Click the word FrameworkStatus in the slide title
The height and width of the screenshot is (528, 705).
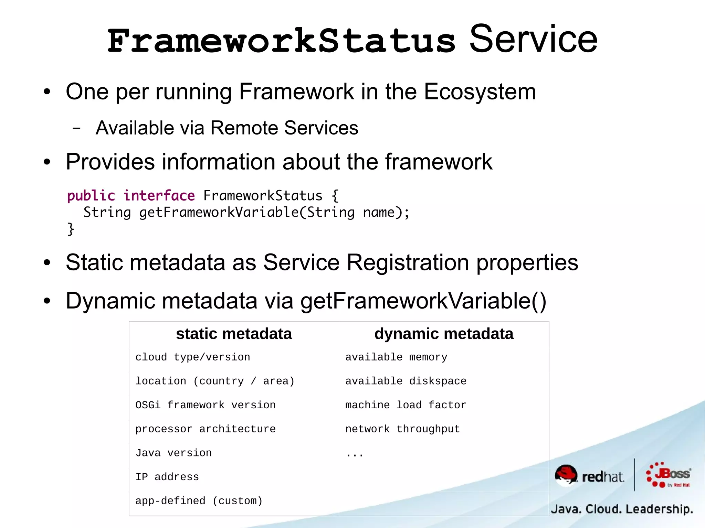281,41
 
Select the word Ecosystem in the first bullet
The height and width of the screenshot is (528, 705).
480,92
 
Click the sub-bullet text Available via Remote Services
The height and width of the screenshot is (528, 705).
227,128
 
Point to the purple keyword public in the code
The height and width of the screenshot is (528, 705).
91,196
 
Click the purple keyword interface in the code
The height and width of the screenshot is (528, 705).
159,196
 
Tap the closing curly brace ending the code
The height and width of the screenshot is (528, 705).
71,229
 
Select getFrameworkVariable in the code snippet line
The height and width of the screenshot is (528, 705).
219,212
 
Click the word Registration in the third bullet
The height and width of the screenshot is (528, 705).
408,263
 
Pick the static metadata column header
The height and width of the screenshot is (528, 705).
234,334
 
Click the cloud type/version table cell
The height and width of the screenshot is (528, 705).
192,357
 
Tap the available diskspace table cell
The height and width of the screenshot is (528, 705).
406,381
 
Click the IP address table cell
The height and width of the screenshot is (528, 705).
167,477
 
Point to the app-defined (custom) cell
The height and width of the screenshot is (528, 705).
199,501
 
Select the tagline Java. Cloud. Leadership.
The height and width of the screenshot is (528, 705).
622,509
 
